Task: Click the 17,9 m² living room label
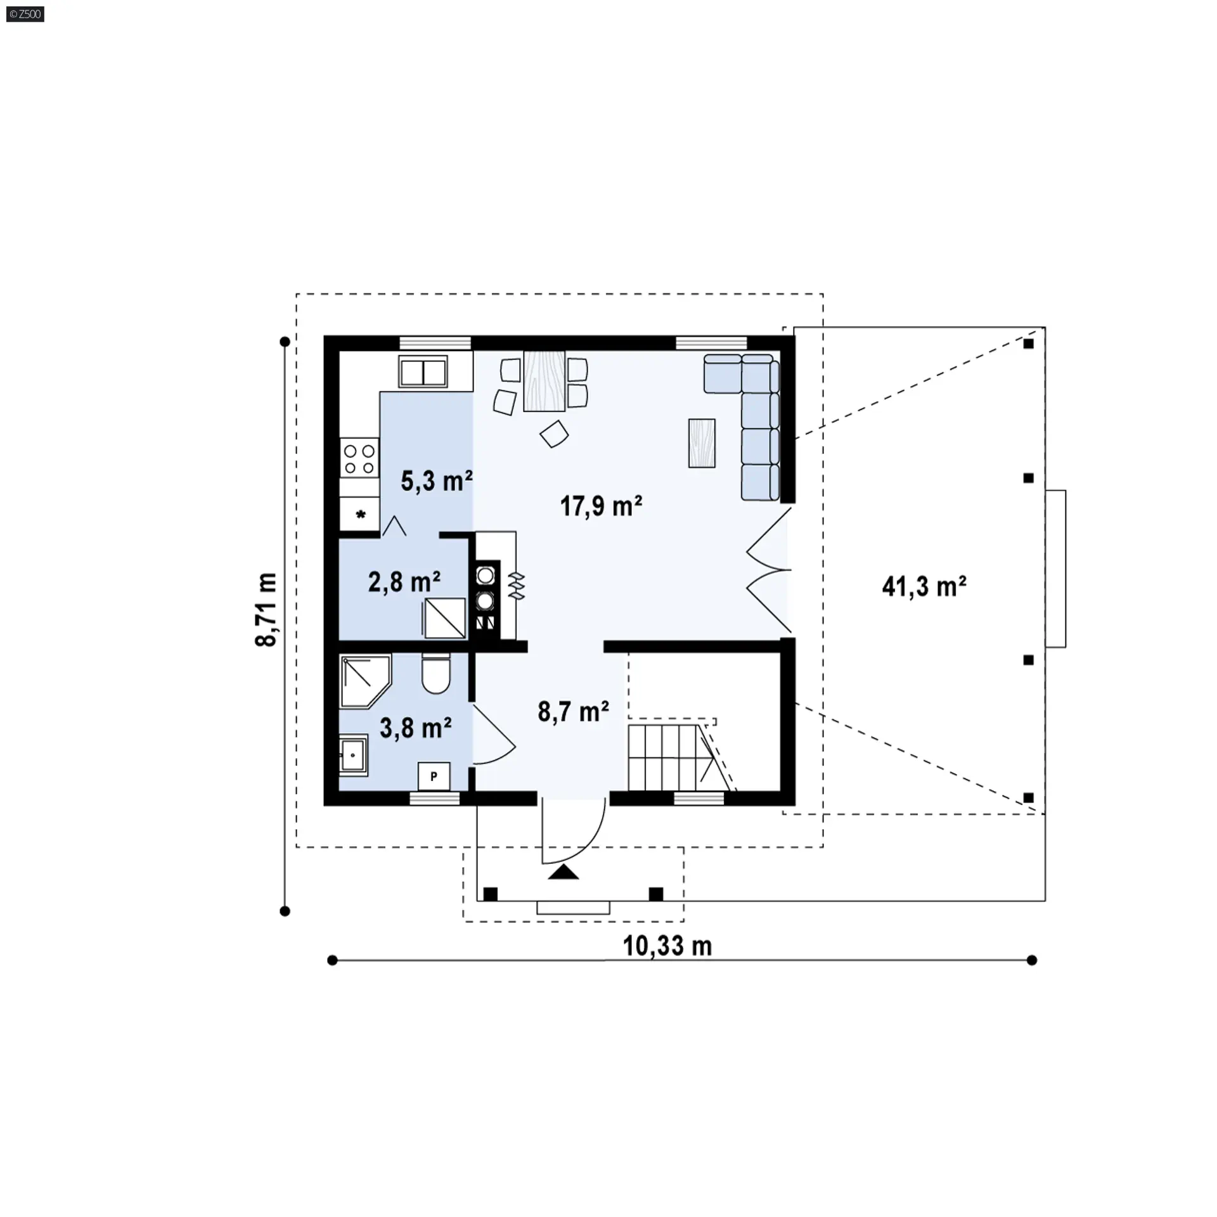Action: (601, 506)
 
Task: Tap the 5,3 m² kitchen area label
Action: (437, 481)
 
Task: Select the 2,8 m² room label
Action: (404, 581)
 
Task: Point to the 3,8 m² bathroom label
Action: (415, 728)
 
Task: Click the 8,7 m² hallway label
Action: (574, 711)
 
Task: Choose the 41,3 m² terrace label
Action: (924, 586)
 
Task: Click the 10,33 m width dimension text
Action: (667, 946)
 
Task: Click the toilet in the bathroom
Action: (435, 674)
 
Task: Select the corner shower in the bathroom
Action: (364, 681)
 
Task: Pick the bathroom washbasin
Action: (353, 755)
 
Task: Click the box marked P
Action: (434, 776)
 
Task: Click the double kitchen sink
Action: (423, 372)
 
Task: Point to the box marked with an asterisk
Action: (360, 514)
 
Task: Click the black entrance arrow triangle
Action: (563, 872)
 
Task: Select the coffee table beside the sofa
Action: (702, 444)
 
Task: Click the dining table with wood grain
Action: (544, 380)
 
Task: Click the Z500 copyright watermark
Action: (25, 14)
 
